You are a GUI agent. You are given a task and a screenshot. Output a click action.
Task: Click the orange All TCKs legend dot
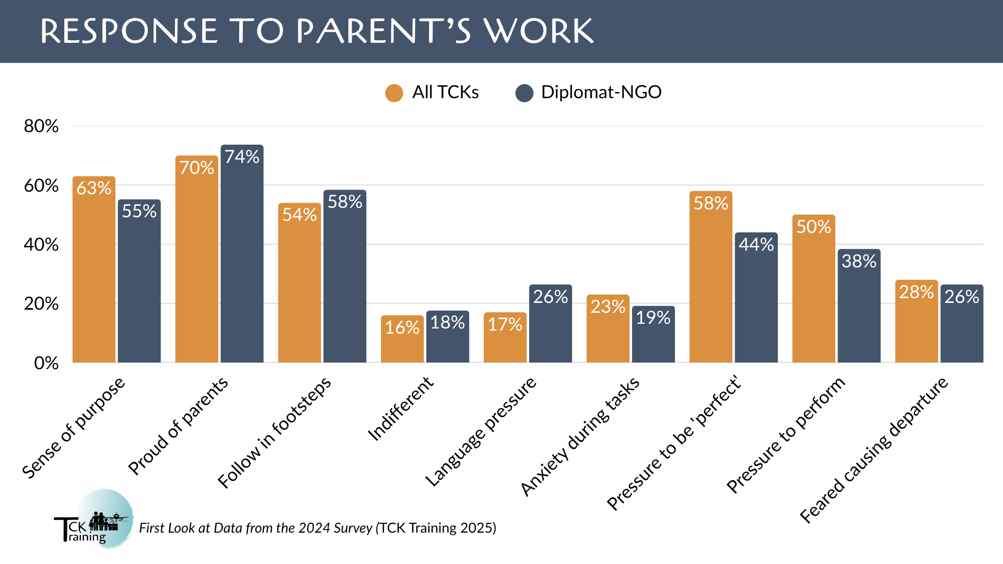tap(394, 93)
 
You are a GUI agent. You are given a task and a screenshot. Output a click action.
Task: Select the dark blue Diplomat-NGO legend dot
tap(524, 93)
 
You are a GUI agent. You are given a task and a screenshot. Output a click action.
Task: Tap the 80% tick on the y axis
tap(41, 126)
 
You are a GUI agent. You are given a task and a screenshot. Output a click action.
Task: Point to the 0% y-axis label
tap(46, 363)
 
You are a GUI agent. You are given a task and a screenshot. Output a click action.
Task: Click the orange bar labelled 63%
tap(94, 269)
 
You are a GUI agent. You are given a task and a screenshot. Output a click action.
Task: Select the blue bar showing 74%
tap(242, 253)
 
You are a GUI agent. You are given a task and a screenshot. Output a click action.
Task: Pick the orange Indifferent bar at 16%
tap(402, 339)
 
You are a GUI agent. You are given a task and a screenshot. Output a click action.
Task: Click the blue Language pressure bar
tap(551, 324)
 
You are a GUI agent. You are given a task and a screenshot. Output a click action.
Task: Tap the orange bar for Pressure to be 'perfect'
tap(711, 277)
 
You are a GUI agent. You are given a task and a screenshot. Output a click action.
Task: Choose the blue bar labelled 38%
tap(859, 306)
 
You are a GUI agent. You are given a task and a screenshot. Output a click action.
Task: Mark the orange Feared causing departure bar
tap(917, 321)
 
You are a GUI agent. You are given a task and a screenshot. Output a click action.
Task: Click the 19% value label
tap(653, 318)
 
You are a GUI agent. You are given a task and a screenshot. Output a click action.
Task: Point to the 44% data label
tap(756, 244)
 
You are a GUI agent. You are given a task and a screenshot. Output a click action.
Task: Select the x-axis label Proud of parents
tap(178, 426)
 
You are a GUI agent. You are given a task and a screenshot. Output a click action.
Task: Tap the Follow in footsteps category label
tap(274, 432)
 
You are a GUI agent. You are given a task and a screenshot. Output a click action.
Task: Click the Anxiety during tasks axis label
tap(580, 436)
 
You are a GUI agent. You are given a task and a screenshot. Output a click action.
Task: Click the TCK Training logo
tap(94, 519)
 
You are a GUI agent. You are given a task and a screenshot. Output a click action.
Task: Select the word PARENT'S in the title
tap(384, 31)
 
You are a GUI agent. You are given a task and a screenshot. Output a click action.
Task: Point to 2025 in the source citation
tap(476, 528)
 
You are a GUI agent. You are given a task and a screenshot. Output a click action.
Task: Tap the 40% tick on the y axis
tap(41, 244)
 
